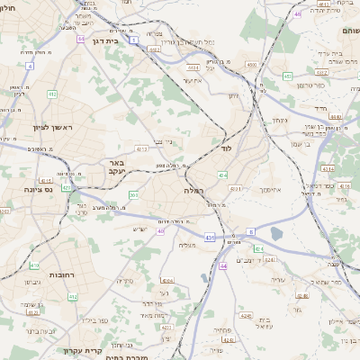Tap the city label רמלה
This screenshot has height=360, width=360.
tap(195, 191)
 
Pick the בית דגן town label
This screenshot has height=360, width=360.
tap(106, 40)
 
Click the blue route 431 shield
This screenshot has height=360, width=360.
tap(209, 237)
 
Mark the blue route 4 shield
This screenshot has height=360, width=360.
tap(29, 66)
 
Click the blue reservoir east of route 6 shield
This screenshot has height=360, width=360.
tap(275, 234)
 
